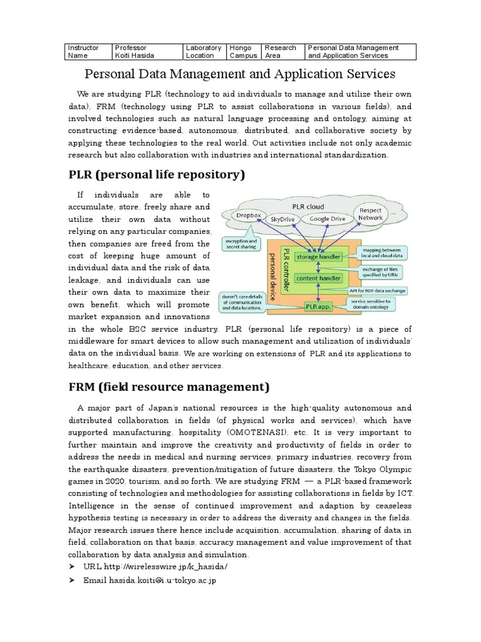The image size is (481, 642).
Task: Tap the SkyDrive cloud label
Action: point(285,219)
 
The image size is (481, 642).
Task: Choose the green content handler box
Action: point(319,278)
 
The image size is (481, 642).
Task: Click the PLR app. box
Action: point(319,306)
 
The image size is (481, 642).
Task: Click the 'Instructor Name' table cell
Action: point(88,51)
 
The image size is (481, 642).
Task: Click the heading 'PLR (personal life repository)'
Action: point(156,174)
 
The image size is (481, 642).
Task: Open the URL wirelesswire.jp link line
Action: point(155,567)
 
